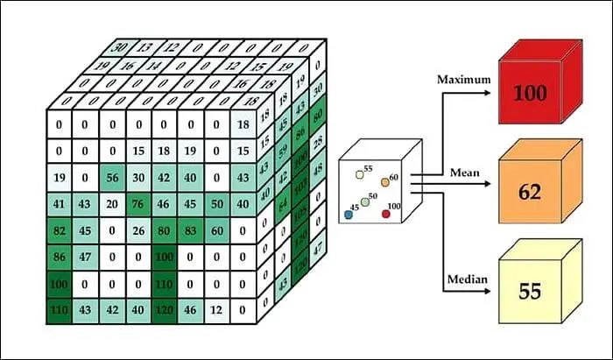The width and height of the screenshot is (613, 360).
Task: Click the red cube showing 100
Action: pyautogui.click(x=530, y=92)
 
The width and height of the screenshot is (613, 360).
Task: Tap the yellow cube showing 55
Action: pyautogui.click(x=530, y=292)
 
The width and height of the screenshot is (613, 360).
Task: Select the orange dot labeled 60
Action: pyautogui.click(x=384, y=182)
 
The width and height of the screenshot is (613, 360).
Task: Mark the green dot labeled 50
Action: pyautogui.click(x=365, y=202)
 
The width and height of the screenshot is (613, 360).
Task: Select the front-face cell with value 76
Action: pyautogui.click(x=138, y=205)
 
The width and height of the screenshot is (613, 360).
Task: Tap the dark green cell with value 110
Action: pyautogui.click(x=60, y=309)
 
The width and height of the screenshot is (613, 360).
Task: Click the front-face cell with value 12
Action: pyautogui.click(x=217, y=309)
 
